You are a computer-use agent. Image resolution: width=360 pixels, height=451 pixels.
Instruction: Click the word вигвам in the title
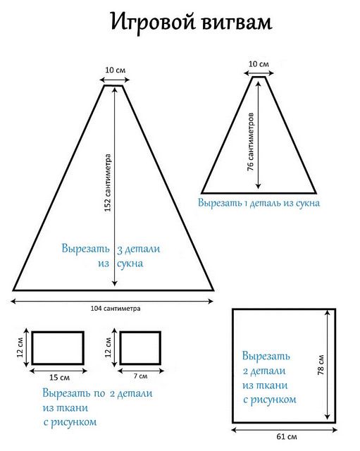click(x=237, y=23)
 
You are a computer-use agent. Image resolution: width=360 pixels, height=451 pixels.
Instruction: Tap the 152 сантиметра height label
click(x=108, y=183)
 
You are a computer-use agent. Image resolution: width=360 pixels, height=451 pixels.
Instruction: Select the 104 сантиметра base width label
click(x=116, y=309)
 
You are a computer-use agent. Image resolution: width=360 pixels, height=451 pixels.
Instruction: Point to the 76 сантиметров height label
click(x=251, y=142)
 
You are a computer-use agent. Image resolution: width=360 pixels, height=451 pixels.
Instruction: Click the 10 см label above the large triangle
click(x=116, y=70)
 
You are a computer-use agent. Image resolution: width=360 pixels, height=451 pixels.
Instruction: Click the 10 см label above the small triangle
click(x=259, y=64)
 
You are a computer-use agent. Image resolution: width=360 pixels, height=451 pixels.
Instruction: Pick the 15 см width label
click(x=59, y=377)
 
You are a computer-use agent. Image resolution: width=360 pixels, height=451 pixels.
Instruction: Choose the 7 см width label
click(x=141, y=376)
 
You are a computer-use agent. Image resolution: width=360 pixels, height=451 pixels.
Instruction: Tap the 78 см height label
click(x=321, y=365)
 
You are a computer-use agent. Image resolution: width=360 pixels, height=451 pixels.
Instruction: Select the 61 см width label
click(x=287, y=437)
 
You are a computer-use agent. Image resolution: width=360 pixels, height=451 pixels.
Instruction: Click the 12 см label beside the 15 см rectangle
click(x=20, y=347)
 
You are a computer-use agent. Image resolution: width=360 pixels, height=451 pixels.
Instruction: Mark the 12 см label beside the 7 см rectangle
click(x=108, y=347)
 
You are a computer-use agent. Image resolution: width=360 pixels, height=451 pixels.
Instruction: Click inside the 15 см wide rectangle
click(x=58, y=348)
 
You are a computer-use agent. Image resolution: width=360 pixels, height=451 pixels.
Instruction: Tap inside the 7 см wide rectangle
click(x=140, y=348)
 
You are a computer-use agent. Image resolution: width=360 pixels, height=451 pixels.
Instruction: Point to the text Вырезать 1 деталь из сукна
click(x=259, y=203)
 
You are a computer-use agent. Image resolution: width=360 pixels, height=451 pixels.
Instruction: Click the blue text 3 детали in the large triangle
click(x=139, y=249)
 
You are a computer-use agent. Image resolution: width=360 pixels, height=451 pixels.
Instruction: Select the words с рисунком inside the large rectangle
click(x=270, y=400)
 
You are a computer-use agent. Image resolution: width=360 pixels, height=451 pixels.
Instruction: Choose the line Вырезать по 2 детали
click(x=97, y=393)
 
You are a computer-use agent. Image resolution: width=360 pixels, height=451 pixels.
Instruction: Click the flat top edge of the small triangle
click(x=259, y=77)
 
